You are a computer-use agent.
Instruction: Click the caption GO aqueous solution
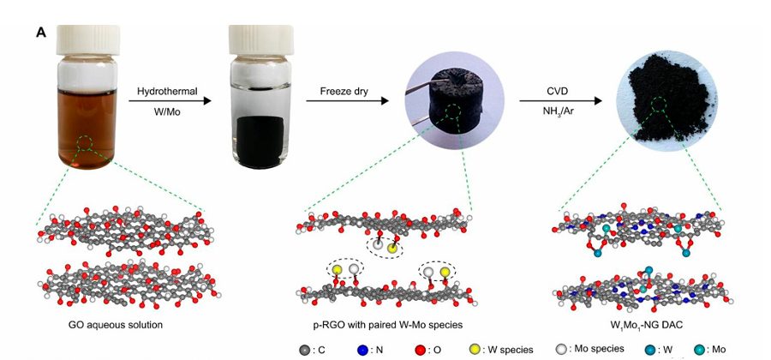[115, 326]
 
